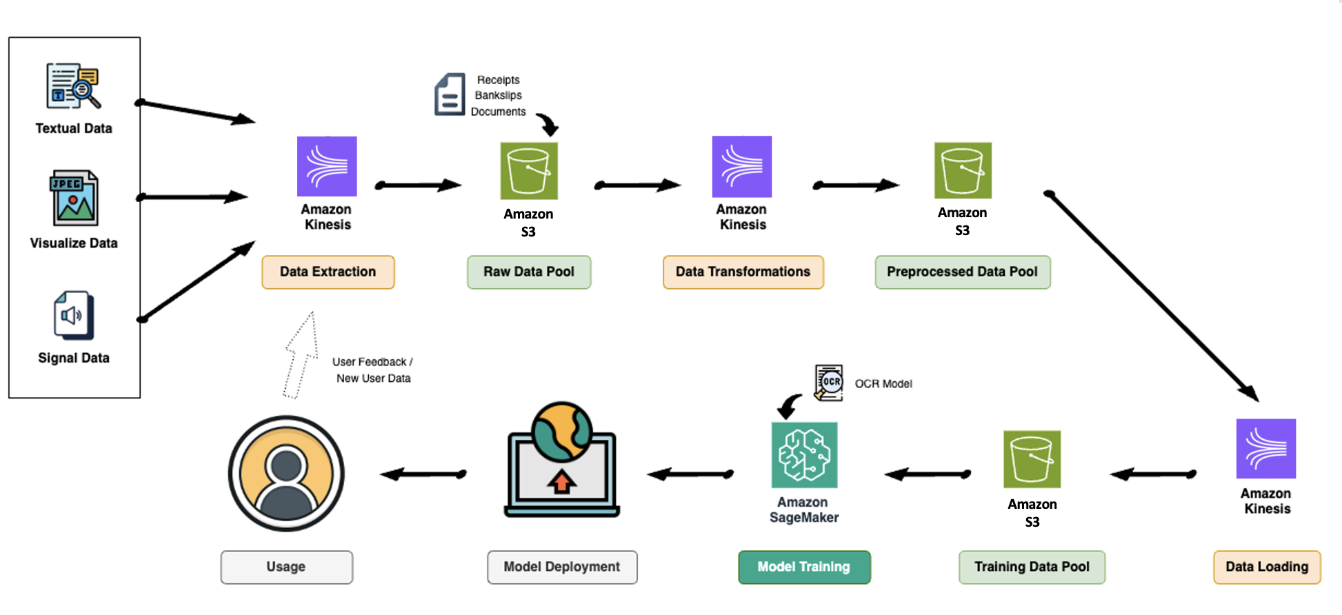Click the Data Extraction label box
(328, 272)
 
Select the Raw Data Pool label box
(528, 272)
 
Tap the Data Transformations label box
(743, 272)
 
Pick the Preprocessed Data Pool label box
(962, 272)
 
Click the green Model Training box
(803, 567)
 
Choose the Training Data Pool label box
(1032, 567)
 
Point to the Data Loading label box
(1266, 567)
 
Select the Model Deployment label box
(561, 567)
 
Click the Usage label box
(286, 567)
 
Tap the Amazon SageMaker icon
(804, 455)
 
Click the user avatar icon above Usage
(286, 473)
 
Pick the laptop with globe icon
(561, 461)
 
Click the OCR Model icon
(829, 383)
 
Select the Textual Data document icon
(73, 86)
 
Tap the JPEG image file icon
(74, 199)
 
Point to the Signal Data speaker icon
(73, 315)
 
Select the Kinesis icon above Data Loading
(1265, 448)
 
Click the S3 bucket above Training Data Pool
(1032, 459)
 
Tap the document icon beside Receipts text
(450, 94)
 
